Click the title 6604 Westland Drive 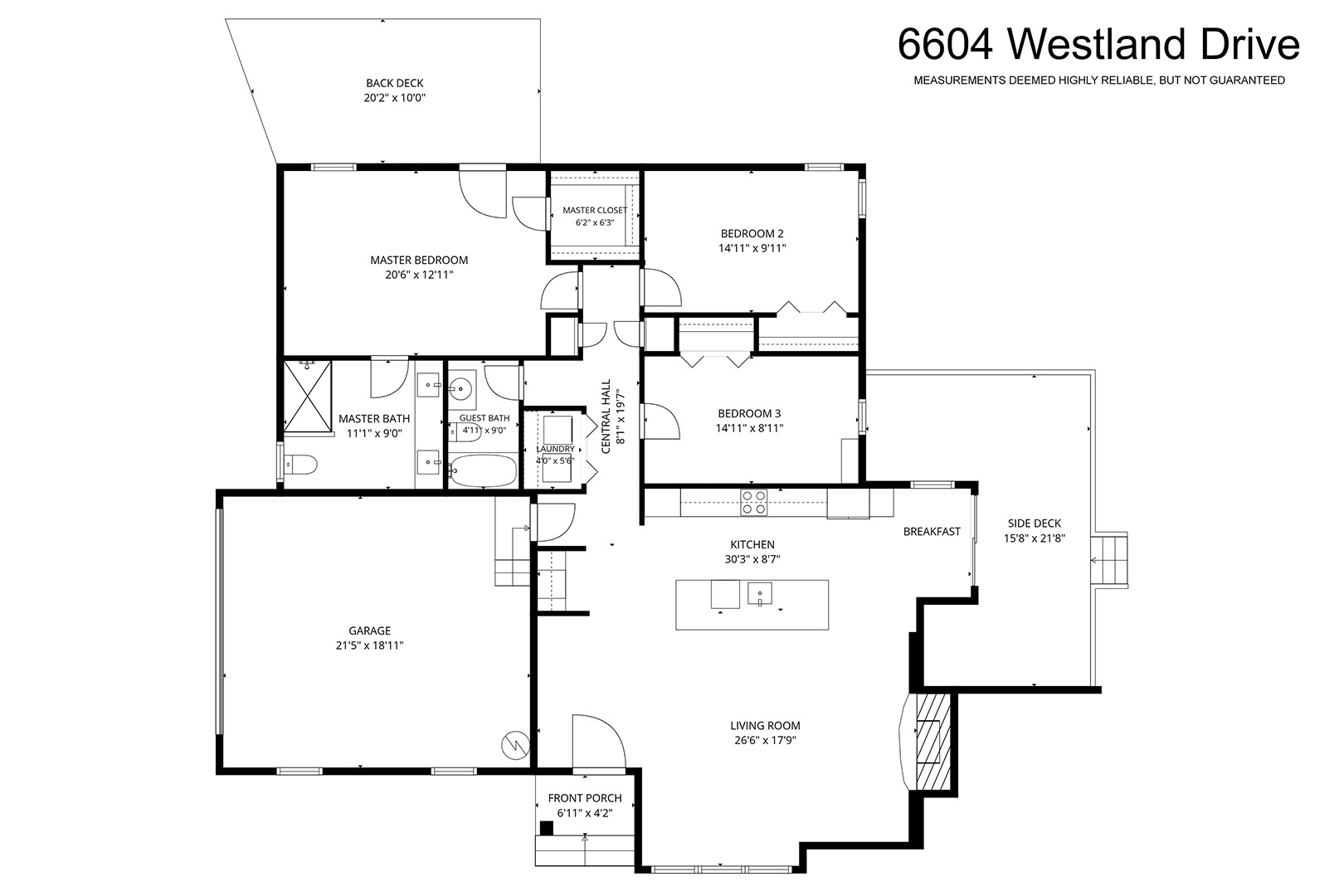pyautogui.click(x=1098, y=45)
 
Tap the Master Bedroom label pyautogui.click(x=419, y=261)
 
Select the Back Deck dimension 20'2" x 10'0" pyautogui.click(x=394, y=98)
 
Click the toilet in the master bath pyautogui.click(x=300, y=464)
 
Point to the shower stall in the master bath pyautogui.click(x=307, y=396)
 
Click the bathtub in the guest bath pyautogui.click(x=483, y=471)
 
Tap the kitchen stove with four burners pyautogui.click(x=753, y=503)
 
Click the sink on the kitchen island pyautogui.click(x=760, y=594)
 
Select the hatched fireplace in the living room pyautogui.click(x=933, y=742)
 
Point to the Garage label pyautogui.click(x=370, y=631)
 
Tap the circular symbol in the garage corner pyautogui.click(x=515, y=745)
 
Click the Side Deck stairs pyautogui.click(x=1108, y=560)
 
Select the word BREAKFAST pyautogui.click(x=932, y=532)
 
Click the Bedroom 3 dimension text pyautogui.click(x=749, y=428)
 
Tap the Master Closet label pyautogui.click(x=595, y=211)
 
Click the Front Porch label pyautogui.click(x=585, y=798)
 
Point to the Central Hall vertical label pyautogui.click(x=606, y=416)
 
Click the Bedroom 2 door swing pyautogui.click(x=662, y=287)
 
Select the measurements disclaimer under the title pyautogui.click(x=1099, y=80)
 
